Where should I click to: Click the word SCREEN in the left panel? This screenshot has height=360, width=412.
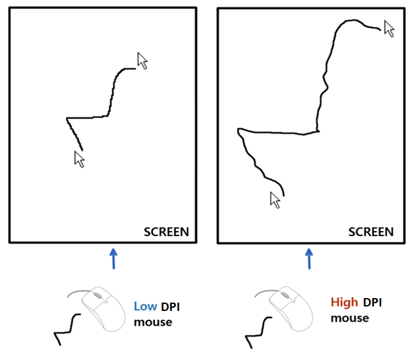pyautogui.click(x=166, y=232)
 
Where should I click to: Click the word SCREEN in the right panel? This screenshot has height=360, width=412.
pyautogui.click(x=371, y=232)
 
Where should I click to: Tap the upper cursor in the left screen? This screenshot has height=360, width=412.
pyautogui.click(x=143, y=61)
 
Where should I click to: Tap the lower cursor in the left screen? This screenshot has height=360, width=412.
pyautogui.click(x=79, y=159)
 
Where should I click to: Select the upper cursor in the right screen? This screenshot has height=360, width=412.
pyautogui.click(x=389, y=28)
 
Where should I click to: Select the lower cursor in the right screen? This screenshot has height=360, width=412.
pyautogui.click(x=276, y=200)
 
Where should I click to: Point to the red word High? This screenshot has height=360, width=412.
pyautogui.click(x=344, y=302)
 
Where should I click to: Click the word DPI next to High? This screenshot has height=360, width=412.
pyautogui.click(x=375, y=302)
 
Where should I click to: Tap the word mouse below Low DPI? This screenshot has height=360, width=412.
pyautogui.click(x=153, y=321)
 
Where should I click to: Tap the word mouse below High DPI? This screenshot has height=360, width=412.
pyautogui.click(x=349, y=317)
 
